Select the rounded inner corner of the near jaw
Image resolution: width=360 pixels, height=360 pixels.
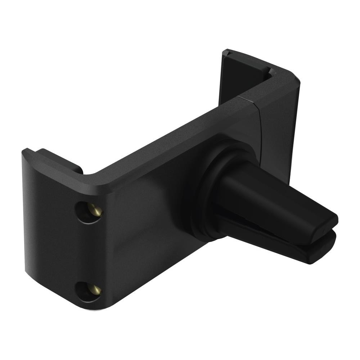(x=92, y=175)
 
